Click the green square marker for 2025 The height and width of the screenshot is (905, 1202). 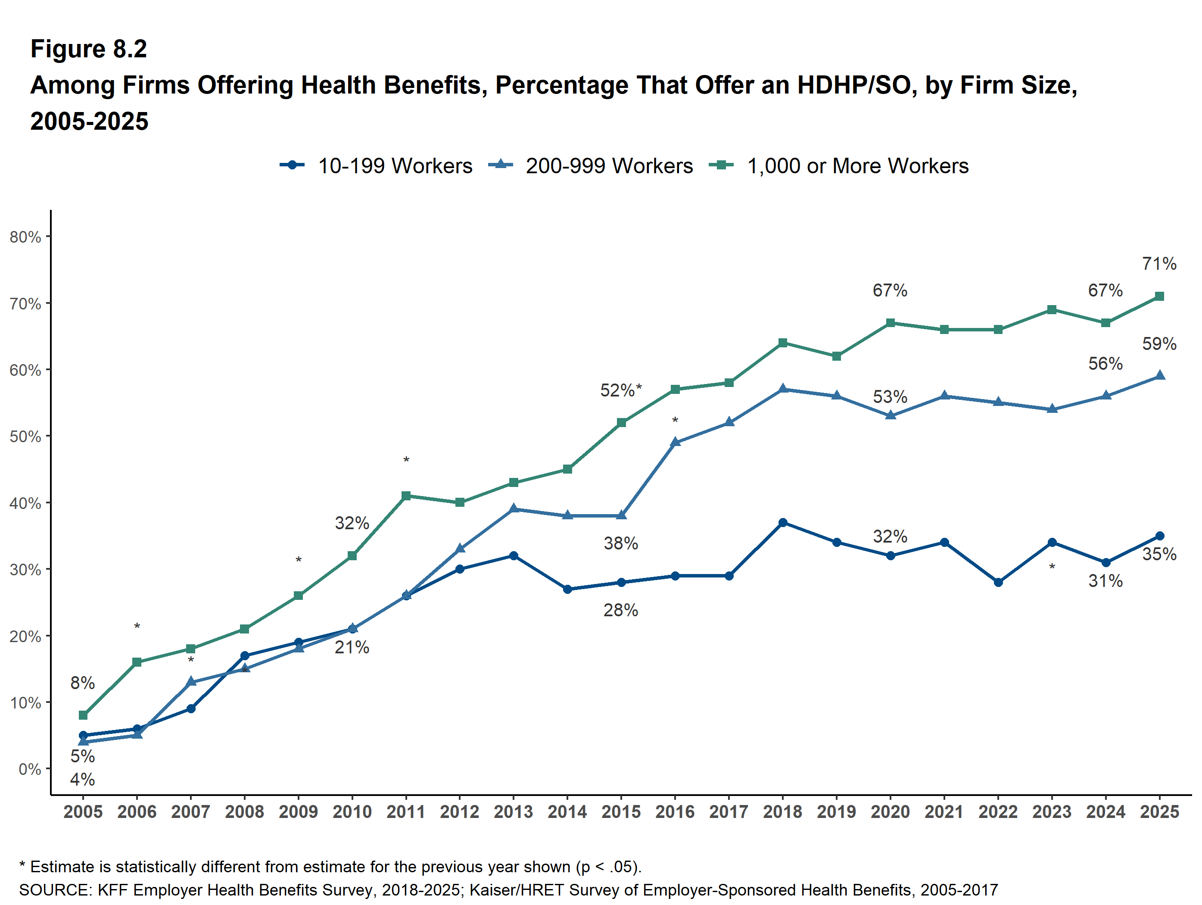[x=1159, y=296]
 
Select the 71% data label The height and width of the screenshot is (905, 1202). [x=1158, y=264]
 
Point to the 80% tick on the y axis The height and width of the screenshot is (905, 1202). [x=25, y=237]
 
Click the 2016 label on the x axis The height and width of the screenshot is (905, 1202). [x=675, y=812]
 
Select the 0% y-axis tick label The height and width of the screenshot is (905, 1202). [x=30, y=769]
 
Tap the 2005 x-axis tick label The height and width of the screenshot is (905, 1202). [x=83, y=812]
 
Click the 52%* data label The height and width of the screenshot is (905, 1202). [x=620, y=390]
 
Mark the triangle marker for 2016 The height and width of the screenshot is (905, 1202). [x=675, y=442]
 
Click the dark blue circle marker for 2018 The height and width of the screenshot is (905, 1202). [x=782, y=522]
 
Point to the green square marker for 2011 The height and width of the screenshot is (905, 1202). [x=406, y=496]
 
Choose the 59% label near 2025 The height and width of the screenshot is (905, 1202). [x=1158, y=344]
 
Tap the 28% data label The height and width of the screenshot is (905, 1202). [x=620, y=610]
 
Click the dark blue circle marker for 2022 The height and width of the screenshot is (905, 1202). [x=998, y=582]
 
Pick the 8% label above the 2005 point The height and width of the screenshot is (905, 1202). [x=83, y=683]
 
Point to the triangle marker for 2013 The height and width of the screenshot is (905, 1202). [x=514, y=509]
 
